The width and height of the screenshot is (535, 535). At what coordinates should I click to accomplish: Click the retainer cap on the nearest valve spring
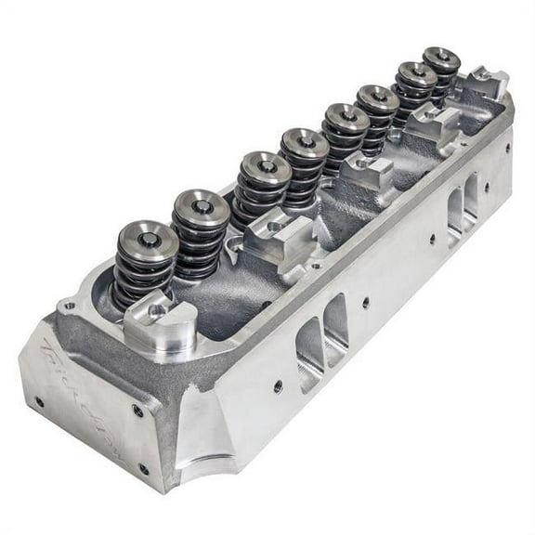(x=147, y=241)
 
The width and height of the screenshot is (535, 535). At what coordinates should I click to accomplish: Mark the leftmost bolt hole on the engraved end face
(x=38, y=402)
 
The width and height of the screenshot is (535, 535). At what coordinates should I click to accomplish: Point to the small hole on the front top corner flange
(x=69, y=305)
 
